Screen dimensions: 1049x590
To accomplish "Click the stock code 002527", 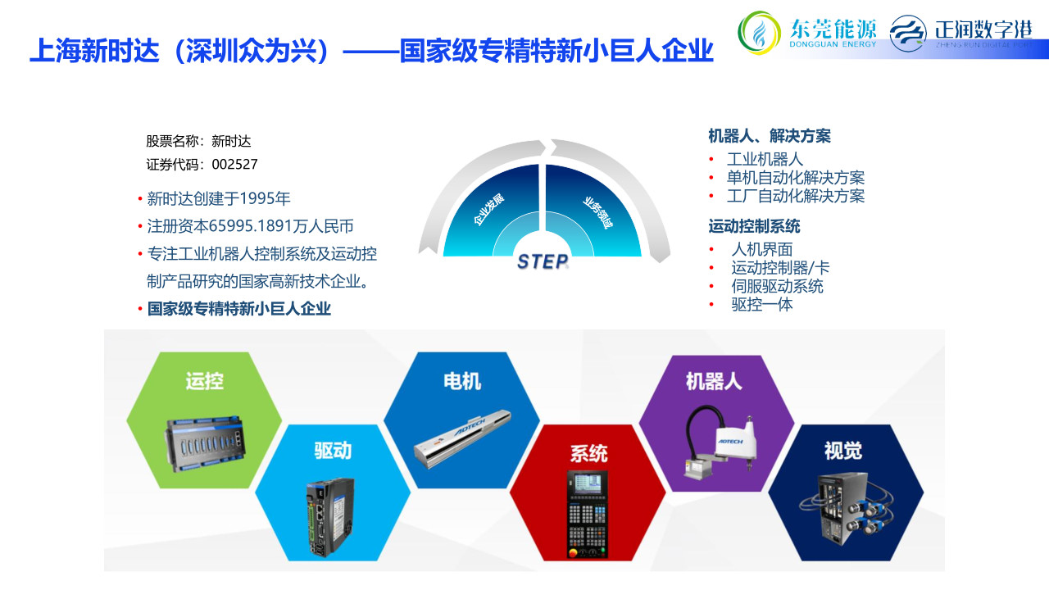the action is (x=234, y=165).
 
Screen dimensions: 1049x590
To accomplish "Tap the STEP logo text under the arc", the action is (x=543, y=261).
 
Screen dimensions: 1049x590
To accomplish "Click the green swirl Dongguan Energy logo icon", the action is (x=759, y=33).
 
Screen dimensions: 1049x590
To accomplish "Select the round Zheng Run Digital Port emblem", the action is (x=907, y=34).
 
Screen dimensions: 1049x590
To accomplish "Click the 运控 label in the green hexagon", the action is (x=204, y=381).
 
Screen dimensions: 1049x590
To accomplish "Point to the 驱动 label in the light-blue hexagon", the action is (x=333, y=451).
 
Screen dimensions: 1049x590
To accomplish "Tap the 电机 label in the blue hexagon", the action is (x=461, y=381).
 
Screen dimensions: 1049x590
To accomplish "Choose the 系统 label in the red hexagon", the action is (x=588, y=453).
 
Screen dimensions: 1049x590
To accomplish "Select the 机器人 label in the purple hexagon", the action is (x=714, y=381).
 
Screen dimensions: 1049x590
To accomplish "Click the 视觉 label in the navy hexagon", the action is (x=843, y=451).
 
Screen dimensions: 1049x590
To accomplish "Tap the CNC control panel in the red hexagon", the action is (x=588, y=514).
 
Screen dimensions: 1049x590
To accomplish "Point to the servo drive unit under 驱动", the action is (x=330, y=516).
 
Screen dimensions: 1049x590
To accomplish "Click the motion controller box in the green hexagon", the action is (x=205, y=444).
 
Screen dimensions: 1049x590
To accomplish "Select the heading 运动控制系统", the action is (x=754, y=227).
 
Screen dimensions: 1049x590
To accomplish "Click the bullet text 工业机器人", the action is (x=765, y=159).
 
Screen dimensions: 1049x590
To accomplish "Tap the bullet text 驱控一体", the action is (x=762, y=305).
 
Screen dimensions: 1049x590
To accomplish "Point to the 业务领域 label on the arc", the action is (x=597, y=213).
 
